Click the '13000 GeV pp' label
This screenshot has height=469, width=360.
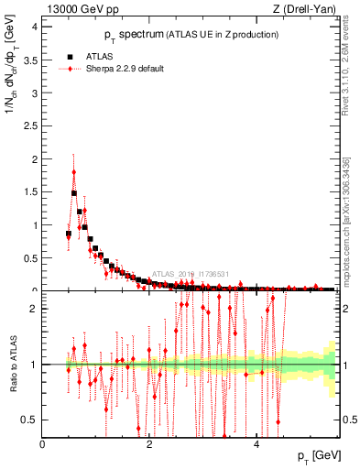pyautogui.click(x=81, y=9)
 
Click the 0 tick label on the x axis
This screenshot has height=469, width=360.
pyautogui.click(x=43, y=444)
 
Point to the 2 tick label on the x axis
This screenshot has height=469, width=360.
pyautogui.click(x=149, y=444)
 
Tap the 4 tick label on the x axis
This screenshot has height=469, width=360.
pyautogui.click(x=256, y=444)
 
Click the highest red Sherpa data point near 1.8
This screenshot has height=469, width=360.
pyautogui.click(x=74, y=172)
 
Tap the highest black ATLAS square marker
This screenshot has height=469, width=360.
pyautogui.click(x=74, y=193)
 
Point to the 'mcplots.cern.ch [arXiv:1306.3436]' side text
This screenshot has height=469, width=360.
pyautogui.click(x=348, y=216)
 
